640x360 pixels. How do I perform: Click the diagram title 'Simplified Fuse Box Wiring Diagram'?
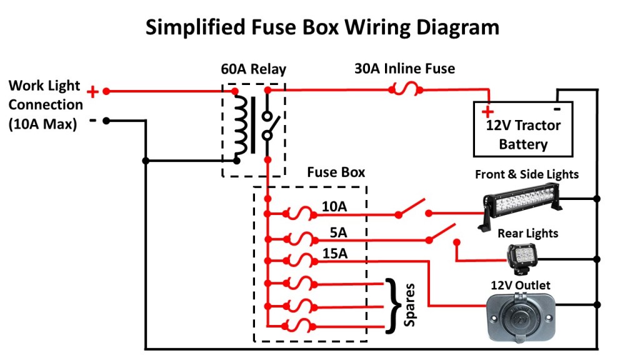(322, 27)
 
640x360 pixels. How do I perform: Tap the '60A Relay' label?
(253, 69)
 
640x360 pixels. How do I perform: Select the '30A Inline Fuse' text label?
(404, 69)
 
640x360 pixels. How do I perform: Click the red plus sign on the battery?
(487, 112)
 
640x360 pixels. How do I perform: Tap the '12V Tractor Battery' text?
(523, 134)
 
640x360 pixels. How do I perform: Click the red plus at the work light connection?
(92, 92)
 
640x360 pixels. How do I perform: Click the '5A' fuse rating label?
(338, 232)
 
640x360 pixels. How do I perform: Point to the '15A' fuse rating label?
(335, 254)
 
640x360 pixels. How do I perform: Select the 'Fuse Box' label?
(336, 172)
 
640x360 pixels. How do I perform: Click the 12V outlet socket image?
(519, 317)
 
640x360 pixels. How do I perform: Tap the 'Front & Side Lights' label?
(527, 174)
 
